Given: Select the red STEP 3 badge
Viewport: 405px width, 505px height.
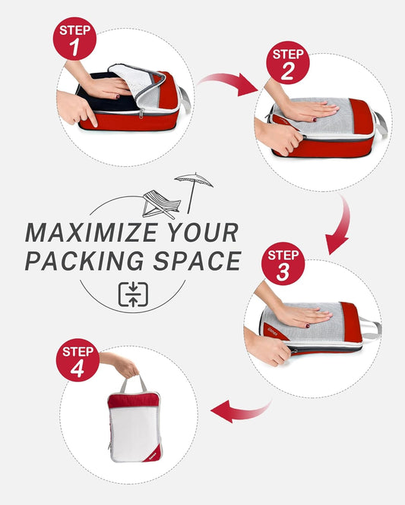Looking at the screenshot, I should click(283, 263).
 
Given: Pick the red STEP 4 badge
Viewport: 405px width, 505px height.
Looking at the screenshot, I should click(78, 360).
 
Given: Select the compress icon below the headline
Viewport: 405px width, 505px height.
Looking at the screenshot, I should click(133, 293).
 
